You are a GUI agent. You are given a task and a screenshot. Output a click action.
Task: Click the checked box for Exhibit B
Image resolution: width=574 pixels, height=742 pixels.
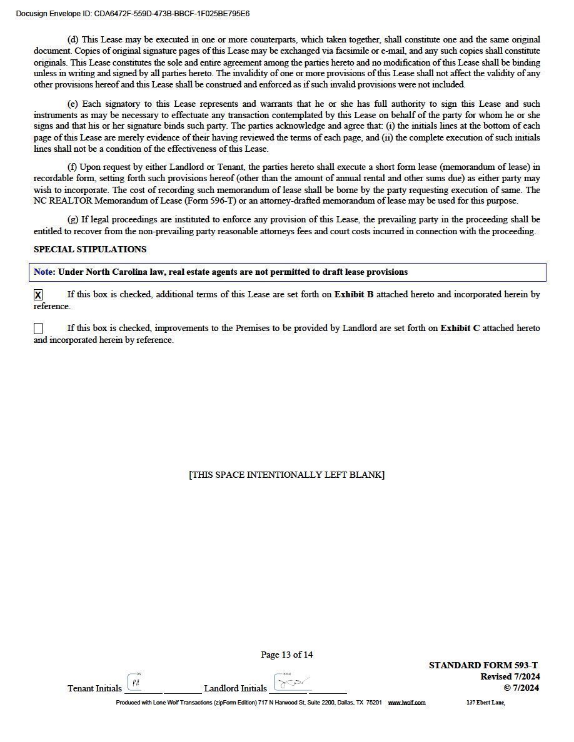(38, 295)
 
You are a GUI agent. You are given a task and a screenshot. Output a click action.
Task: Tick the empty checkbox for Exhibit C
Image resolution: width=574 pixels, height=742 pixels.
(38, 329)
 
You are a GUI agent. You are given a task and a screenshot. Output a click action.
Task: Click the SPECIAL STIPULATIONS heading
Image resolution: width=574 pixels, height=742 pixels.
(90, 249)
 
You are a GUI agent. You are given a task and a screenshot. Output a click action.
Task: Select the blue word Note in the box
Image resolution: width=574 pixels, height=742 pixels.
(44, 272)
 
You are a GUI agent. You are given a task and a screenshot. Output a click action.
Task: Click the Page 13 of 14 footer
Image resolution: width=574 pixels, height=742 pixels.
(286, 655)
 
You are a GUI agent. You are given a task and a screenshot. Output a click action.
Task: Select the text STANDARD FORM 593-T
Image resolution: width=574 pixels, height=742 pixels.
(483, 665)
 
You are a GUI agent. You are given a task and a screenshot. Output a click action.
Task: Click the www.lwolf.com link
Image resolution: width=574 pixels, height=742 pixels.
(406, 703)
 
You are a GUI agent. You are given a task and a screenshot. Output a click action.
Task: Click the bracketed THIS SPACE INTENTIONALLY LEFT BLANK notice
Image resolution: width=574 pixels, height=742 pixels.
(286, 475)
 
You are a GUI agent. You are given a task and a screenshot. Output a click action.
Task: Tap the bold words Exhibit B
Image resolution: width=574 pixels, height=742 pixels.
(354, 294)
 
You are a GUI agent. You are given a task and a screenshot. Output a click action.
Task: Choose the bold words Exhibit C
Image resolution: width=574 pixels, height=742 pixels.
(460, 328)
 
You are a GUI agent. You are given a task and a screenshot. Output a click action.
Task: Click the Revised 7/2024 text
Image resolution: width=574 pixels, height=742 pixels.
(510, 676)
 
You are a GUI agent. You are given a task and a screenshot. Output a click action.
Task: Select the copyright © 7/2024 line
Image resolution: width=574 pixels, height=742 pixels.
(521, 688)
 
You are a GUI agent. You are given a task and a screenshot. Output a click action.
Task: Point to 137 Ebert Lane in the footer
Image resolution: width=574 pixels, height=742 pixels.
(485, 703)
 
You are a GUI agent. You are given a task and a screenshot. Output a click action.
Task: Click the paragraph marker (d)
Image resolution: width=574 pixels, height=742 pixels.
(73, 39)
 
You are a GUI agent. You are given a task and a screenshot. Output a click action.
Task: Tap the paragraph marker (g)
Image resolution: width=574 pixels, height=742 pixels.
(73, 220)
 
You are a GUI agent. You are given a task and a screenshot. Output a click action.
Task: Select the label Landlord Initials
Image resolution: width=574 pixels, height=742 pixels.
(235, 688)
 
